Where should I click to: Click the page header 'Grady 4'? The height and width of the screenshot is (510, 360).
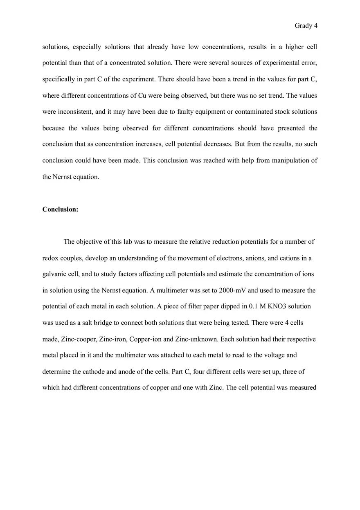pos(306,26)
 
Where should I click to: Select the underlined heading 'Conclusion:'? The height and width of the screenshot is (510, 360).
pos(60,209)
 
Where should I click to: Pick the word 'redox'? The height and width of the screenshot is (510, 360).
pos(51,258)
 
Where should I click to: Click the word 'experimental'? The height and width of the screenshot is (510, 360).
pos(281,63)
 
